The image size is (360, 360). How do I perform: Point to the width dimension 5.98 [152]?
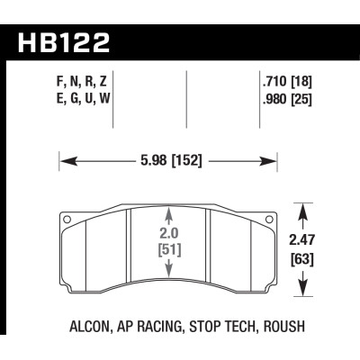(170, 161)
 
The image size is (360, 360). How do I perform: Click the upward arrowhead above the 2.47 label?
(301, 210)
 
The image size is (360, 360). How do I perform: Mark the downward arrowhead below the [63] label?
(301, 293)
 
